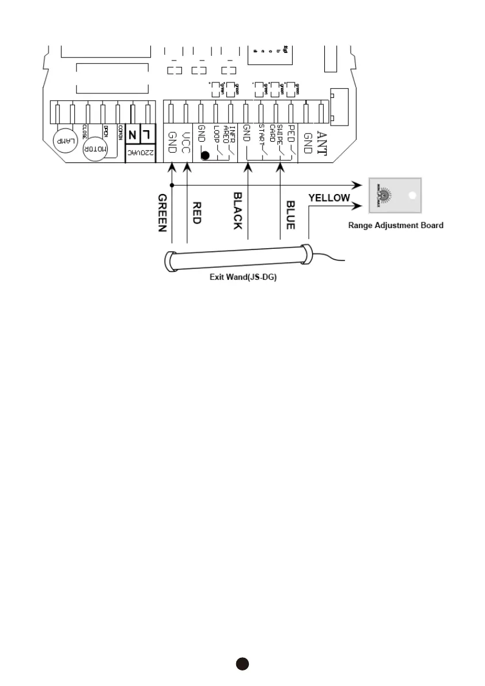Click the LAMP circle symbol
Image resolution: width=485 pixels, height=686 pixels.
coord(65,139)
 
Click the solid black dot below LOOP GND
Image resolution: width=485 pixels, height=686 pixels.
coord(204,154)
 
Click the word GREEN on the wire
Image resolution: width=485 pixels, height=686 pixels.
coord(162,213)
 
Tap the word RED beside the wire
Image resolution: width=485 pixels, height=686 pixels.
coord(196,213)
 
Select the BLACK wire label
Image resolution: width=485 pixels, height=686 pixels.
coord(237,211)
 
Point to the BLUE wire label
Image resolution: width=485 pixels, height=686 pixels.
coord(291,215)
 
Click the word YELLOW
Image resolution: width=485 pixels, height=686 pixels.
coord(329,198)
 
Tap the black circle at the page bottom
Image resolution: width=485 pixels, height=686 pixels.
coord(242,664)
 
